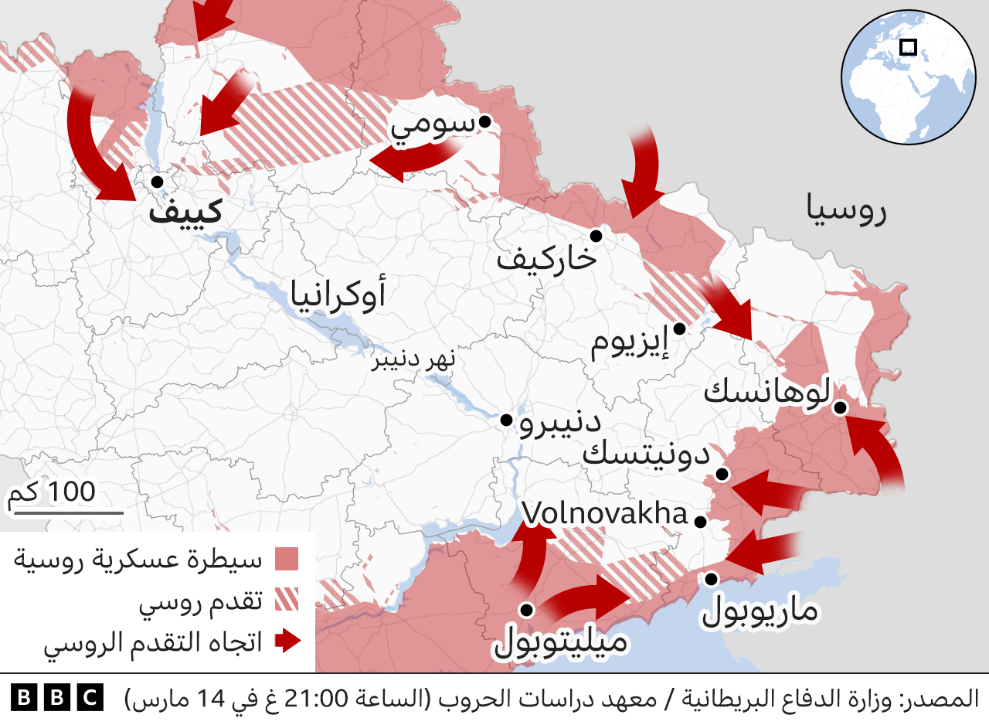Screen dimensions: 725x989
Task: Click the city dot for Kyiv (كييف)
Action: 157,182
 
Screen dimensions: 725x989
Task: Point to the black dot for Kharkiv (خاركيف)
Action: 596,236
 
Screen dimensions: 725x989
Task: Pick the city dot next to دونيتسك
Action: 722,474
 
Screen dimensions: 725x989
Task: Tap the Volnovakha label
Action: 604,514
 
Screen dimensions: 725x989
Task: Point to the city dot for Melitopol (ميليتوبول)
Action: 527,610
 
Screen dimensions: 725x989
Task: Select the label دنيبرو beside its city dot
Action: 560,424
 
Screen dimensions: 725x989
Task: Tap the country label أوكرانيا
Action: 338,295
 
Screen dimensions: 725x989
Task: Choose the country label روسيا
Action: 846,210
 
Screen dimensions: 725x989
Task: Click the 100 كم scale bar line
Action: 68,512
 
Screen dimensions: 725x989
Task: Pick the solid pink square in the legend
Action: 287,559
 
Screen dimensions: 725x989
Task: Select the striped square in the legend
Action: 287,600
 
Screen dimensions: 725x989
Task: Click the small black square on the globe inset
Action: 909,47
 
